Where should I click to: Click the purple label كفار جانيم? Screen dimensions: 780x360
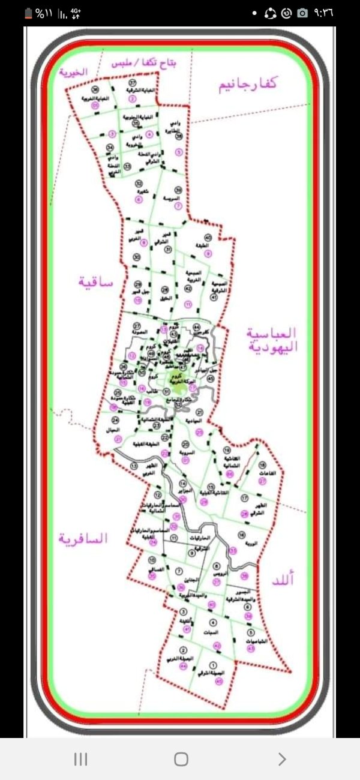click(248, 84)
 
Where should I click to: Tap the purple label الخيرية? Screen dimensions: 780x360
click(73, 71)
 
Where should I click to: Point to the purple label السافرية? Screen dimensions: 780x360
click(83, 538)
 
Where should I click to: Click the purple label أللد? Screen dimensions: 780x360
click(280, 580)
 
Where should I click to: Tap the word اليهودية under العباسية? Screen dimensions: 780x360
click(272, 346)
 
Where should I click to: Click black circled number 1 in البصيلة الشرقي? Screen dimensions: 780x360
click(214, 665)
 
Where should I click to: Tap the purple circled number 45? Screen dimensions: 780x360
click(218, 681)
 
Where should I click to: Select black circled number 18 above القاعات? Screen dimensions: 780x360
click(262, 465)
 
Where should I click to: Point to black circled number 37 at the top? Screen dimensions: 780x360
click(133, 82)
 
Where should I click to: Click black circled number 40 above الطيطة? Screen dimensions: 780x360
click(208, 238)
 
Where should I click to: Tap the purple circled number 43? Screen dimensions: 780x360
click(251, 648)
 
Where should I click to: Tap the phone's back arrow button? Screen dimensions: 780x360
click(282, 759)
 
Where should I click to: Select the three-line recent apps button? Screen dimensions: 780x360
click(80, 759)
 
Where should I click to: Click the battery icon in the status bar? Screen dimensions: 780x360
click(29, 13)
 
